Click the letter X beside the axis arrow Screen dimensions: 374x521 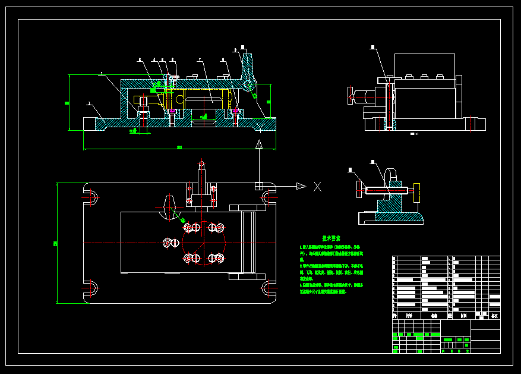(x=317, y=187)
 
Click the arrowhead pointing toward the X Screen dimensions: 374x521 (x=301, y=187)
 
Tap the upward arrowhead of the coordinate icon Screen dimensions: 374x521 (x=259, y=144)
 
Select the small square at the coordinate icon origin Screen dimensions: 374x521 (x=259, y=186)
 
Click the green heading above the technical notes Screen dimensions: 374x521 (x=331, y=237)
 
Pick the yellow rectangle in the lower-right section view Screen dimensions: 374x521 (x=417, y=191)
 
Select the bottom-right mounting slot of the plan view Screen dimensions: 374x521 (x=268, y=290)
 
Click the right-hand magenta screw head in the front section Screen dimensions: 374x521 (x=236, y=111)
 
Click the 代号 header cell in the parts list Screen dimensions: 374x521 (x=409, y=316)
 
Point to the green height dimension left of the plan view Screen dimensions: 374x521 (x=55, y=243)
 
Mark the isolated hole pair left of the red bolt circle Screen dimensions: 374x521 (x=171, y=243)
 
